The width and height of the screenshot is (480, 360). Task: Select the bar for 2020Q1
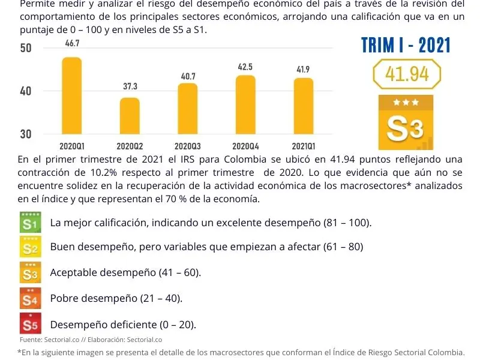[72, 96]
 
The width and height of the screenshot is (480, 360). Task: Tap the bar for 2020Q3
[188, 109]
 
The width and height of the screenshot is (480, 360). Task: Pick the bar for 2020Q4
[245, 104]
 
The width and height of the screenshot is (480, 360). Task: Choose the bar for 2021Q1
[303, 106]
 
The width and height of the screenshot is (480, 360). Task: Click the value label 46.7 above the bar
[73, 44]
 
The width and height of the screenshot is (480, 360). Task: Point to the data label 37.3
[130, 87]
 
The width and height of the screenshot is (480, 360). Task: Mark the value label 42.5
[245, 67]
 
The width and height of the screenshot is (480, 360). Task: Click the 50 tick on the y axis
[25, 48]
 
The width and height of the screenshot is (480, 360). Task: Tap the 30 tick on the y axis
[25, 134]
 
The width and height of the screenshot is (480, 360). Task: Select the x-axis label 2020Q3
[188, 146]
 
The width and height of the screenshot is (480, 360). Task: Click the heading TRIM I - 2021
[406, 45]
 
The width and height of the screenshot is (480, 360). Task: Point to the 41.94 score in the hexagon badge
[407, 74]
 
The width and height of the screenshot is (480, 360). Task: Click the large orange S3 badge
[405, 122]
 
